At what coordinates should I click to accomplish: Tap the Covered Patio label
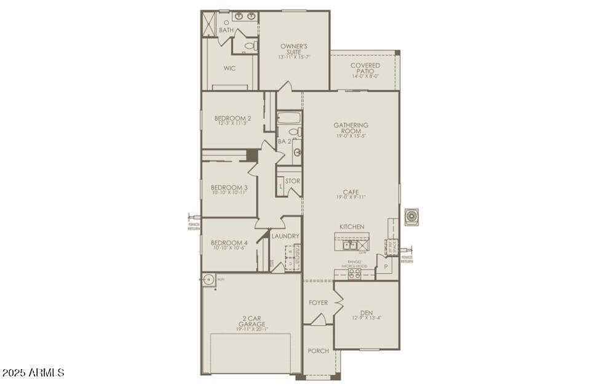(x=365, y=68)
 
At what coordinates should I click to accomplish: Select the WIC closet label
(x=229, y=69)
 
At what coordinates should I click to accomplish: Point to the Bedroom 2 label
(x=232, y=119)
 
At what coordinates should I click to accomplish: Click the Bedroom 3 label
(x=229, y=188)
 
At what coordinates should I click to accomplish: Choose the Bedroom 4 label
(x=229, y=242)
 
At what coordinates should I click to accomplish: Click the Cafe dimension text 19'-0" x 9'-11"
(x=351, y=197)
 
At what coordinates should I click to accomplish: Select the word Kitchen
(x=351, y=227)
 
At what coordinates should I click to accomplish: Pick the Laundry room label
(x=285, y=236)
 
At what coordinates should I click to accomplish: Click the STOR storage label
(x=293, y=181)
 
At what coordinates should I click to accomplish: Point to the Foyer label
(x=319, y=303)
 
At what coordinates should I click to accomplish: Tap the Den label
(x=367, y=313)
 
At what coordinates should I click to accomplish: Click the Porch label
(x=319, y=351)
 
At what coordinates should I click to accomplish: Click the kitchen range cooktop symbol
(x=355, y=274)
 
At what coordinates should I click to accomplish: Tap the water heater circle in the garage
(x=208, y=280)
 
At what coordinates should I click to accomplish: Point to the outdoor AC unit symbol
(x=411, y=217)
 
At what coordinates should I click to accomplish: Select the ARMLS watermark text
(x=33, y=373)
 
